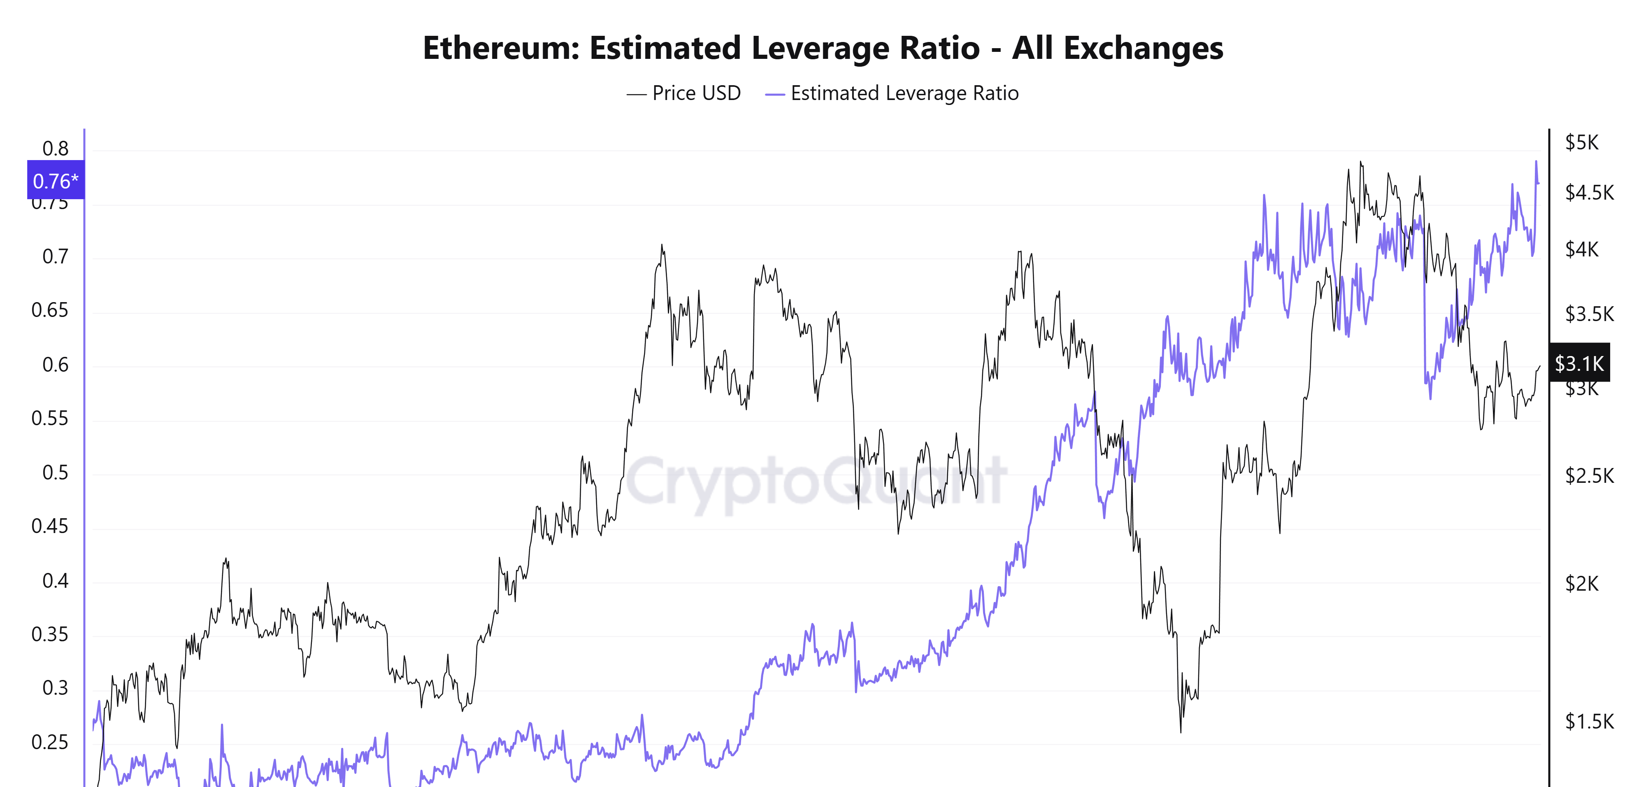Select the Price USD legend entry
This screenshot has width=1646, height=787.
(684, 93)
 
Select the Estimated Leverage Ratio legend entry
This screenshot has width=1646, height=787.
(892, 93)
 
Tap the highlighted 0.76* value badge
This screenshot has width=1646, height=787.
(56, 181)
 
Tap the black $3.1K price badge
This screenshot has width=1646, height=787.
(1579, 363)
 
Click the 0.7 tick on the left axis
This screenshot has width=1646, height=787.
(56, 257)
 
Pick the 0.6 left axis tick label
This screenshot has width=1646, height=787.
(56, 365)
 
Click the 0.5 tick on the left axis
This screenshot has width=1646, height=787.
(56, 473)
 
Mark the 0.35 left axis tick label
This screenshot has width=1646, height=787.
(50, 635)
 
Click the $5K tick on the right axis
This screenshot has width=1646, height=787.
(1581, 142)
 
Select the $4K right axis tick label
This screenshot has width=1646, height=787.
(1581, 249)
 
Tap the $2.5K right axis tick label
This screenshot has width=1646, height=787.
(1589, 476)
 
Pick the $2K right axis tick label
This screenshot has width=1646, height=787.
(1581, 584)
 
